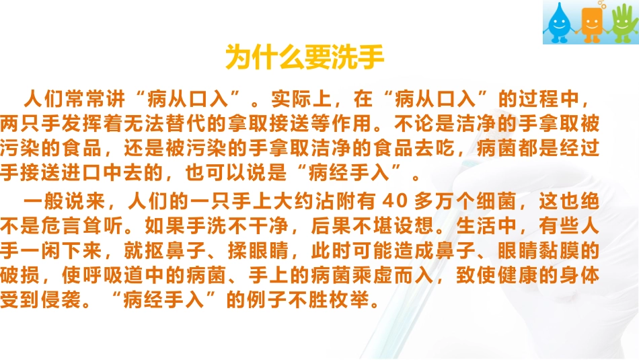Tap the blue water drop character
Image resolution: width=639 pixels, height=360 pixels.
[x=558, y=23]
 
